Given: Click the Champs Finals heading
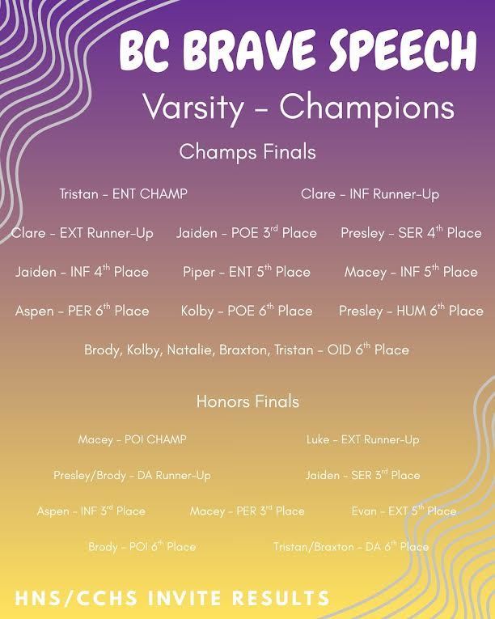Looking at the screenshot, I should point(247,151).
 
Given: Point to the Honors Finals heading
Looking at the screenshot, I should point(247,401).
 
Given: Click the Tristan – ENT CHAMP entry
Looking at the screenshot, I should point(123,194).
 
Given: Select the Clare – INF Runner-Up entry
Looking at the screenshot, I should point(370,194).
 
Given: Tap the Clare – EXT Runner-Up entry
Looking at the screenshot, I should point(82,233).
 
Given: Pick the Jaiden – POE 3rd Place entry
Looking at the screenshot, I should point(247,233).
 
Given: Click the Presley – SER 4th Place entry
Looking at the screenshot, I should point(411,233).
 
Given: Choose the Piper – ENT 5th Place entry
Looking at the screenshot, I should point(247,272).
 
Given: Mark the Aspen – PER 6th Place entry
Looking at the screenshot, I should point(82,311).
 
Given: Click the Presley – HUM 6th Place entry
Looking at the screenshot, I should point(411,311).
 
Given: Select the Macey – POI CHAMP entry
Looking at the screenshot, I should point(132,439).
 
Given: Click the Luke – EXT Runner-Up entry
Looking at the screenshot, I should point(362,439).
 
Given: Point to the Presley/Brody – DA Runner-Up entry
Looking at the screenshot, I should point(132,476).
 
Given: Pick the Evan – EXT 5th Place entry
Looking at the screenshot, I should point(404,511).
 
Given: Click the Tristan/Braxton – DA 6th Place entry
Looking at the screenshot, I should point(351,547).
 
